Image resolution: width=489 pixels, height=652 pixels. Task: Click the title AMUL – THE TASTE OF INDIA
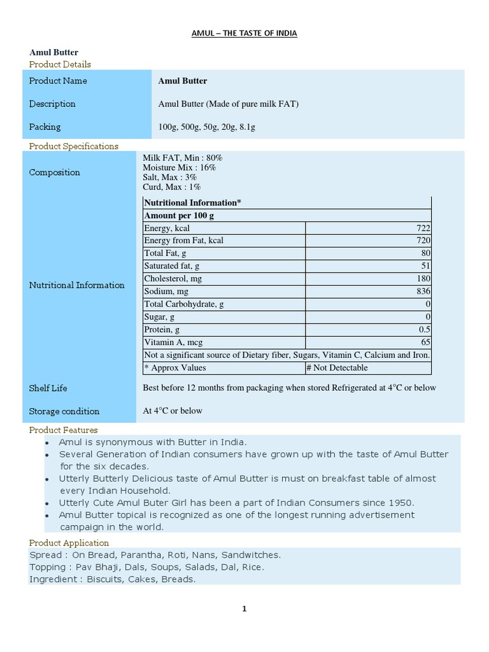pyautogui.click(x=244, y=33)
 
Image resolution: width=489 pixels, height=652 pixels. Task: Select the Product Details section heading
pyautogui.click(x=60, y=64)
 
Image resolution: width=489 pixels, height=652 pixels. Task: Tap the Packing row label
pyautogui.click(x=45, y=127)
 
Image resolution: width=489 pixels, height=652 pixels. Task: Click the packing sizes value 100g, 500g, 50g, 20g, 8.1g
pyautogui.click(x=206, y=127)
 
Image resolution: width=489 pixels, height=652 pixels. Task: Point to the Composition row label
pyautogui.click(x=54, y=173)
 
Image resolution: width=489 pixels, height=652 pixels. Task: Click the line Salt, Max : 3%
pyautogui.click(x=170, y=177)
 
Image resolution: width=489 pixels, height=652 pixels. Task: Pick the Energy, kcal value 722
pyautogui.click(x=423, y=228)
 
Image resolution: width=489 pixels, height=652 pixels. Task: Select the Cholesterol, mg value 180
pyautogui.click(x=423, y=279)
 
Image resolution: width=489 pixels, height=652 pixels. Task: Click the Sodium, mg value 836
pyautogui.click(x=423, y=292)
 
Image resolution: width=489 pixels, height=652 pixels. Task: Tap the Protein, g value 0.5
pyautogui.click(x=425, y=330)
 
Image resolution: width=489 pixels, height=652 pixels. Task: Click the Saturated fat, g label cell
pyautogui.click(x=172, y=266)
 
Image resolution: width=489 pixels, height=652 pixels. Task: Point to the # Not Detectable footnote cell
pyautogui.click(x=337, y=367)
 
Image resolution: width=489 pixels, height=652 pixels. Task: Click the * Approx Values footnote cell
pyautogui.click(x=175, y=367)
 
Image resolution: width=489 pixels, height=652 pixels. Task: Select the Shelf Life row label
pyautogui.click(x=48, y=388)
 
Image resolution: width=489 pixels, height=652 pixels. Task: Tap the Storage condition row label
pyautogui.click(x=64, y=411)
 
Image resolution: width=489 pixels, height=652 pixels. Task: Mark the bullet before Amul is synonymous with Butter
pyautogui.click(x=47, y=443)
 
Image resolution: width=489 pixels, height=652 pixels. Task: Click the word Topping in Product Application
pyautogui.click(x=46, y=567)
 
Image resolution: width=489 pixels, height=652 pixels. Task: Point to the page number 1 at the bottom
pyautogui.click(x=244, y=609)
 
